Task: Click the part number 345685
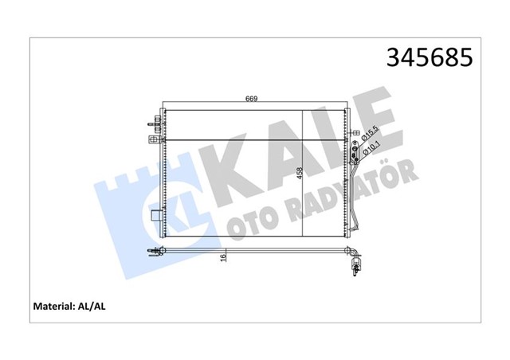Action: [430, 57]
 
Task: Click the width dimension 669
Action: [252, 99]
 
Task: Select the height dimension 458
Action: [300, 174]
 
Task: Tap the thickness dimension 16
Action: [223, 257]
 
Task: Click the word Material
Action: [53, 307]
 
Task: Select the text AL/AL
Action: [92, 307]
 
